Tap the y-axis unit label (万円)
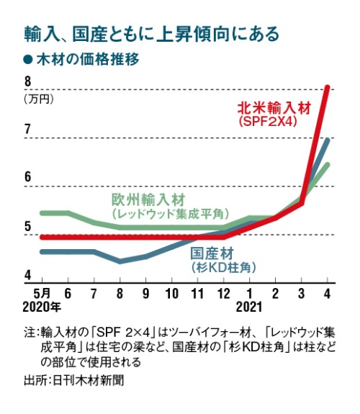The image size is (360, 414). tap(37, 99)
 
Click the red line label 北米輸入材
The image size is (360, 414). tap(274, 109)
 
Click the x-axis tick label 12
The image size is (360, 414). tap(224, 294)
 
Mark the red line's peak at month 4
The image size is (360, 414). tap(328, 88)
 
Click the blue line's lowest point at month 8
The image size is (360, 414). tap(120, 261)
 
